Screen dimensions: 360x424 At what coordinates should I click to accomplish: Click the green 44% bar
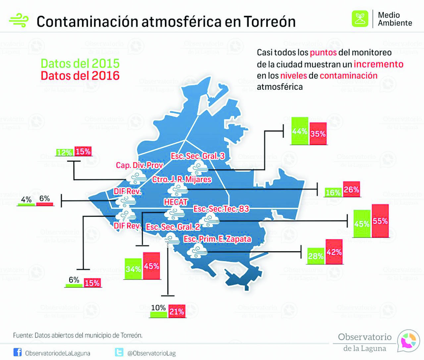click(x=299, y=131)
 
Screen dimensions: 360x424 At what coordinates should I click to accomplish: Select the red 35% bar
click(x=318, y=134)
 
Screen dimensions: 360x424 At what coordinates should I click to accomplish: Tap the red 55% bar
click(x=380, y=221)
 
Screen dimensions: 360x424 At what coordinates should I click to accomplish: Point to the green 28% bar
click(x=316, y=256)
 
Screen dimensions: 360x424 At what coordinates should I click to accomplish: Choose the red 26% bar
click(x=351, y=190)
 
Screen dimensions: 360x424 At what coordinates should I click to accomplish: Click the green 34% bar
click(x=133, y=269)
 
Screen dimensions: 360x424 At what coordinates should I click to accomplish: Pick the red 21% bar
click(x=177, y=311)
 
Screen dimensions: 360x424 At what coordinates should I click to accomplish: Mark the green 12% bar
click(x=65, y=153)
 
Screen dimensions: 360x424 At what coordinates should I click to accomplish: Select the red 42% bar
click(x=334, y=252)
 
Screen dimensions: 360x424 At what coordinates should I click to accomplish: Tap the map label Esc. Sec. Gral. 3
click(x=198, y=156)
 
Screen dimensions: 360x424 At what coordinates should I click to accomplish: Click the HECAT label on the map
click(x=176, y=202)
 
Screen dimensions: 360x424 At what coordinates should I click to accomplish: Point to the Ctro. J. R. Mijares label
click(x=182, y=179)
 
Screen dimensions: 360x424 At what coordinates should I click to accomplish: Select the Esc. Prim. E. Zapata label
click(x=217, y=239)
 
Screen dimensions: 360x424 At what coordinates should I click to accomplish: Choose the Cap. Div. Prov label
click(x=139, y=165)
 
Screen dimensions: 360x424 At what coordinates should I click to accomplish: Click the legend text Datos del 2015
click(x=80, y=63)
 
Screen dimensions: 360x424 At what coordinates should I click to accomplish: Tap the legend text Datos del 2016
click(x=80, y=76)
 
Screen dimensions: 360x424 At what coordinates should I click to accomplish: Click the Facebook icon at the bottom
click(x=18, y=352)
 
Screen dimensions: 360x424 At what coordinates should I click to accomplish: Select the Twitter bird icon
click(x=119, y=352)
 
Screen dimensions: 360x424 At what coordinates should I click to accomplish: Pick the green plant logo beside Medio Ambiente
click(x=360, y=19)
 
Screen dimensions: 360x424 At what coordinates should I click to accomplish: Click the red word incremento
click(x=378, y=64)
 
